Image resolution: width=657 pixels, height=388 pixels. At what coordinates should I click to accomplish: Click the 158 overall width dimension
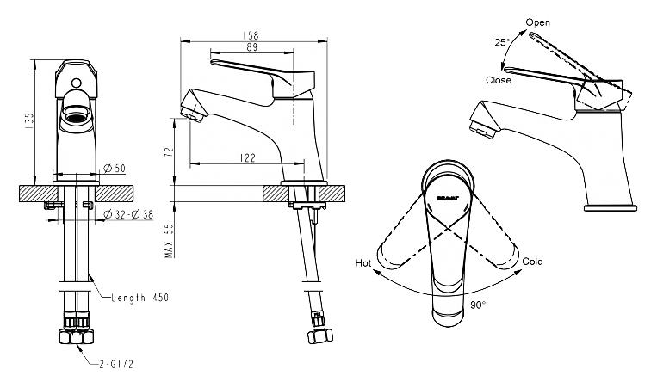coord(251,35)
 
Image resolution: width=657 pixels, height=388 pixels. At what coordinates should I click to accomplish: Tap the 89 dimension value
coord(251,46)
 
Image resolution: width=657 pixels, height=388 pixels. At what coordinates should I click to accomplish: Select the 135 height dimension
coord(29,120)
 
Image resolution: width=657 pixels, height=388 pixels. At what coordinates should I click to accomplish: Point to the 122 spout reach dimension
coord(248,157)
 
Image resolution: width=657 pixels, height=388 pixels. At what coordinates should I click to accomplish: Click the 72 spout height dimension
coord(169,151)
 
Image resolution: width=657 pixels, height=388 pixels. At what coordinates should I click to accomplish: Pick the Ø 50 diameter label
coord(115,169)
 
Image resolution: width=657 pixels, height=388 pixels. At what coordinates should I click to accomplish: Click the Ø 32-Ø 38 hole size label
coord(128,215)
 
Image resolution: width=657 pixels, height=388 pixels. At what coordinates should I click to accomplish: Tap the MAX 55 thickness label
coord(169,241)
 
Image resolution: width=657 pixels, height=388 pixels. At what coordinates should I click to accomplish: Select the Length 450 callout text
coord(140,298)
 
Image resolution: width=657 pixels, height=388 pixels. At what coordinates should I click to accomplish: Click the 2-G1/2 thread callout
coord(116,364)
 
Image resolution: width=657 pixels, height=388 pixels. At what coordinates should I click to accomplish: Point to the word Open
coord(538,22)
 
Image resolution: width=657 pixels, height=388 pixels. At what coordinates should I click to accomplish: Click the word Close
coord(499,80)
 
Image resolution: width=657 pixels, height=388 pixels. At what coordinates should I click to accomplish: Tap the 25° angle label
coord(502,42)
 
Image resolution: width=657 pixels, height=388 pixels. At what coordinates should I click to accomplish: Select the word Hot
coord(363,263)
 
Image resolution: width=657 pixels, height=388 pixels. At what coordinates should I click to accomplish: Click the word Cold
coord(532,262)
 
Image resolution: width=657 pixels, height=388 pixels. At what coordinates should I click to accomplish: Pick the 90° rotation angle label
coord(478,305)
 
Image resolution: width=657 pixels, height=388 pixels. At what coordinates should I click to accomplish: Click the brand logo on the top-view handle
coord(448,198)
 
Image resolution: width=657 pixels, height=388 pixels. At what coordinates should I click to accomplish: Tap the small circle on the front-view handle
coord(76,83)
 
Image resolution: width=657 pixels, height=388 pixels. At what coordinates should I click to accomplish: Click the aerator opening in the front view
coord(76,114)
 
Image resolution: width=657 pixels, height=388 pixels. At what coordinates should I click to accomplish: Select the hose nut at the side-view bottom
coord(320,336)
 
